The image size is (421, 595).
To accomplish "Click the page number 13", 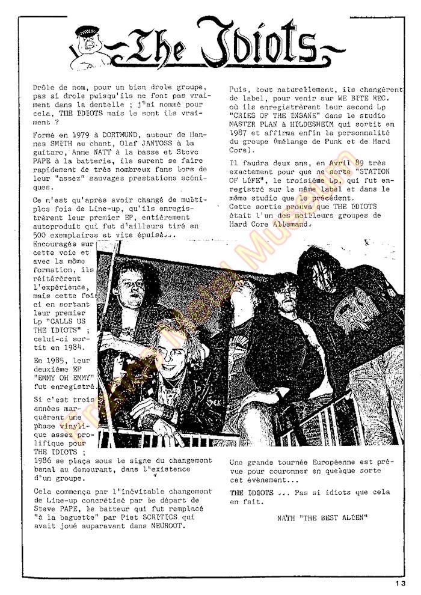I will [401, 582].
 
